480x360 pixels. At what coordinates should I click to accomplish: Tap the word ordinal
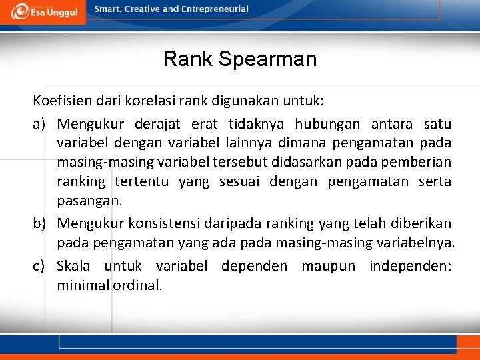(x=138, y=285)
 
